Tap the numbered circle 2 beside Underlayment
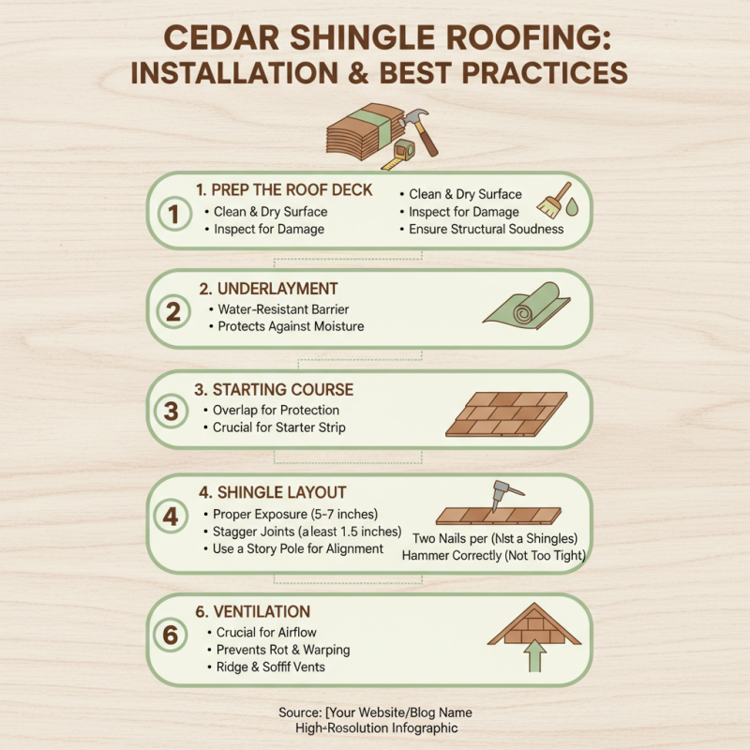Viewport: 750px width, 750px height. [172, 312]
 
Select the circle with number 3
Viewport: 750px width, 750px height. [172, 412]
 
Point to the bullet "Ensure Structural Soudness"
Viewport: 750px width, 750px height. [486, 229]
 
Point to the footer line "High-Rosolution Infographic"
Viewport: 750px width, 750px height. [375, 727]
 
